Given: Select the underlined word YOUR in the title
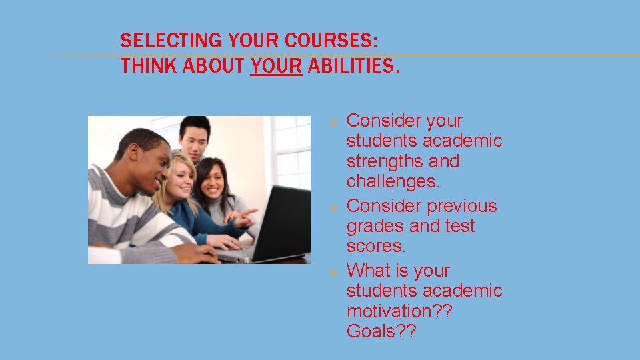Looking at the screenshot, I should [277, 67].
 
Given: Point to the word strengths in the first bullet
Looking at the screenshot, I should [383, 161].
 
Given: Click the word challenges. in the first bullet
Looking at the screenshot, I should [393, 181].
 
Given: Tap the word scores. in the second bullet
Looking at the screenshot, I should [376, 246].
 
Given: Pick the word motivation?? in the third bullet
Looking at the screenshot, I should [399, 311].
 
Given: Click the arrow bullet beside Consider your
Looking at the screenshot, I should [336, 121].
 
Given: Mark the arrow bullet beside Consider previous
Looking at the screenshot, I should [336, 207].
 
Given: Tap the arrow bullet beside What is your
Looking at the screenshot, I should [336, 271].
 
